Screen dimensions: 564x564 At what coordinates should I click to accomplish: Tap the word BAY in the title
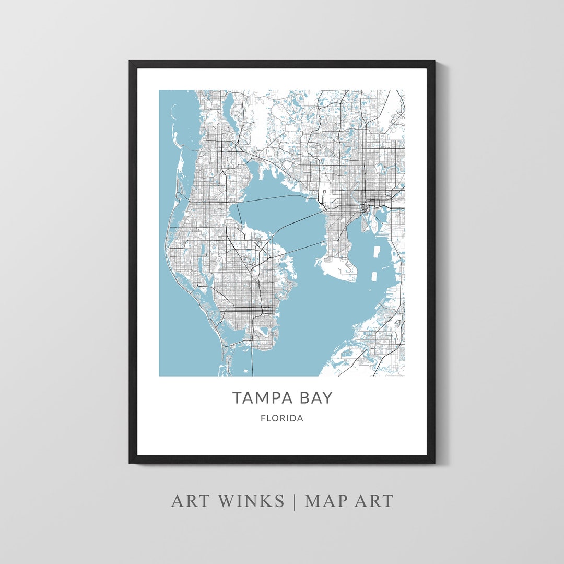click(x=313, y=398)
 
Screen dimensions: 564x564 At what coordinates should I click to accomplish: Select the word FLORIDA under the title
click(x=282, y=418)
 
